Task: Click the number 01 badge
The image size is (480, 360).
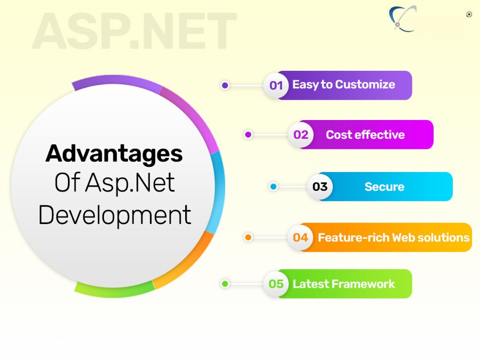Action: pyautogui.click(x=276, y=85)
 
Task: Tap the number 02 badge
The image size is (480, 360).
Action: pyautogui.click(x=300, y=135)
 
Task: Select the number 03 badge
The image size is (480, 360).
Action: pyautogui.click(x=320, y=187)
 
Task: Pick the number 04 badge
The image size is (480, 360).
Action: pyautogui.click(x=300, y=238)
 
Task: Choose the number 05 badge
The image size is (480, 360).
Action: pyautogui.click(x=276, y=284)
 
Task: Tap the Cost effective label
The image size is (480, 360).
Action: pyautogui.click(x=365, y=135)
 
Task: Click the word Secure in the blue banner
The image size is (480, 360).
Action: pyautogui.click(x=384, y=187)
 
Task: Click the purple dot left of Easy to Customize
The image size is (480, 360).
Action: pyautogui.click(x=225, y=85)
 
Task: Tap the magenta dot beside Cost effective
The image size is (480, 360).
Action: pyautogui.click(x=248, y=135)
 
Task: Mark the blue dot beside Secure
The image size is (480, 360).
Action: pyautogui.click(x=273, y=187)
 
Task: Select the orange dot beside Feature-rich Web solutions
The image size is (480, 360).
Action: pyautogui.click(x=248, y=238)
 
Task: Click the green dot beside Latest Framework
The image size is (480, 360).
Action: pyautogui.click(x=225, y=284)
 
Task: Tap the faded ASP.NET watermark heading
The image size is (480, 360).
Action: pyautogui.click(x=134, y=30)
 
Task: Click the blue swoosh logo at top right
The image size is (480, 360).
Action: pyautogui.click(x=402, y=19)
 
